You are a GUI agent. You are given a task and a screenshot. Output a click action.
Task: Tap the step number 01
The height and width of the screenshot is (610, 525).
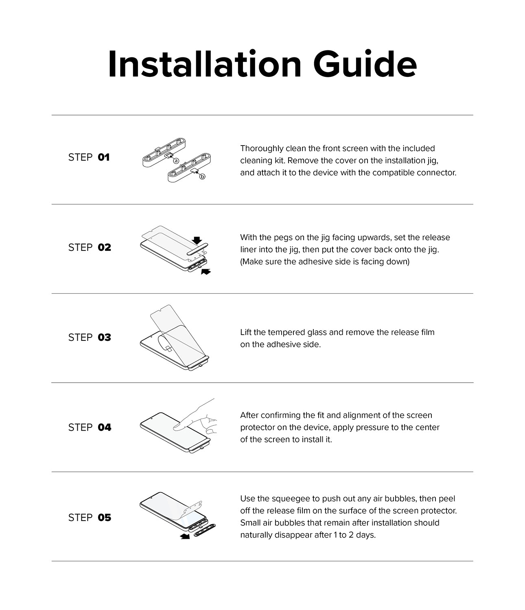tap(104, 157)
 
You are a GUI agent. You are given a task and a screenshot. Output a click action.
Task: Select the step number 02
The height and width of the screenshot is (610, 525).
tap(104, 247)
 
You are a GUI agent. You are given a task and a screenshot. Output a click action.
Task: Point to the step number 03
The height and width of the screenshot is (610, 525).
tap(104, 338)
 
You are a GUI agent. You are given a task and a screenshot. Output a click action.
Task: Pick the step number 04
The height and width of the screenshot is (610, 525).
tap(104, 427)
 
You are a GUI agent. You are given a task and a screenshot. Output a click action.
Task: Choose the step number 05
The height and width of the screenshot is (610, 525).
tap(104, 517)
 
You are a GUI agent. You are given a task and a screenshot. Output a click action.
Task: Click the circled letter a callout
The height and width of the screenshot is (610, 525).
tap(176, 161)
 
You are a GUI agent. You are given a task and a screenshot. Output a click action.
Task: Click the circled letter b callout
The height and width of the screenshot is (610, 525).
tap(202, 176)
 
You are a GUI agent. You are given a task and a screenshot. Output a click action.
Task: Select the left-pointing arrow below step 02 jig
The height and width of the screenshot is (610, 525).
tap(206, 271)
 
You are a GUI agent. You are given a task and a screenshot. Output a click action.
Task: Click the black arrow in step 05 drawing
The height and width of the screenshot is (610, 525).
tap(185, 537)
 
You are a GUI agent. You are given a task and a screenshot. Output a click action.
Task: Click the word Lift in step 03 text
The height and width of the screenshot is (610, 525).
tap(245, 332)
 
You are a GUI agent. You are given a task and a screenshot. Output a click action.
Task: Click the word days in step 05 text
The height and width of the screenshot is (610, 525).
tap(365, 535)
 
